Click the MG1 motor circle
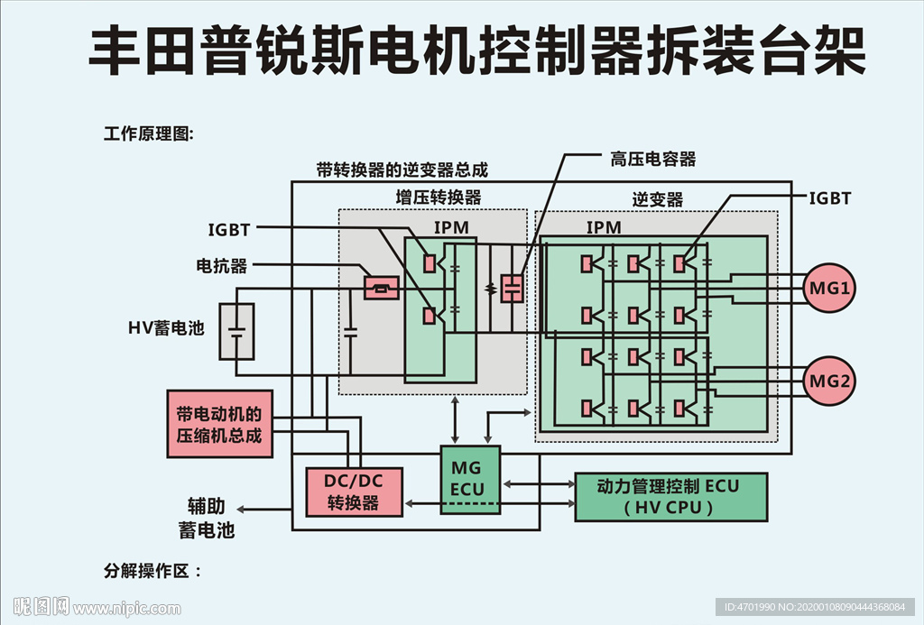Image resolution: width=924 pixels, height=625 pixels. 829,289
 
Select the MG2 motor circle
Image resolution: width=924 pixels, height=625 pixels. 829,381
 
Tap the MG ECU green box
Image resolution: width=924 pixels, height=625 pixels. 469,479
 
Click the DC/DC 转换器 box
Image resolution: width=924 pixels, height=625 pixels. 354,492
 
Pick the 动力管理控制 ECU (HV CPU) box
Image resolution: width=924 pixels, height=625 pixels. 670,496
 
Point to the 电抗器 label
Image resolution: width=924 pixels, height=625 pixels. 222,267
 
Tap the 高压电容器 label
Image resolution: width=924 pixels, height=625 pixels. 653,160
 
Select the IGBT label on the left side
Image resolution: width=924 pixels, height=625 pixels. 229,230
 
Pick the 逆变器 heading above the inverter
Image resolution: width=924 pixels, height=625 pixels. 657,199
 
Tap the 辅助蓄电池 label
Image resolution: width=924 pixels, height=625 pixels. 207,518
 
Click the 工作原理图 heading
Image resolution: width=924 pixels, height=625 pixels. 149,134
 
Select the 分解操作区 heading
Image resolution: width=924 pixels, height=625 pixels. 152,571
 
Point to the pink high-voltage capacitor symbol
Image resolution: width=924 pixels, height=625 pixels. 512,288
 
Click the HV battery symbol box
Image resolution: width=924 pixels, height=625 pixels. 236,332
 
